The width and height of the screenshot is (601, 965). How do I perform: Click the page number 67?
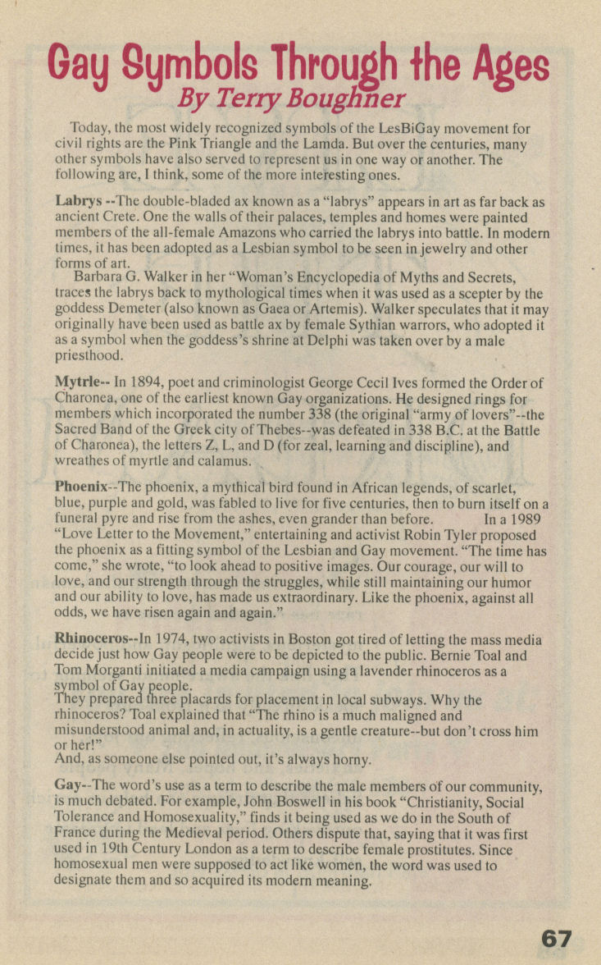[x=557, y=939]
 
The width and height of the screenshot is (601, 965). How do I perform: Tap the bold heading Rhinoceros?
[x=94, y=638]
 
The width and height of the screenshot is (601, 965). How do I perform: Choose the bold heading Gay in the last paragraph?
[x=69, y=784]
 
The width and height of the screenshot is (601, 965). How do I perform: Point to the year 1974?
[x=175, y=638]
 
